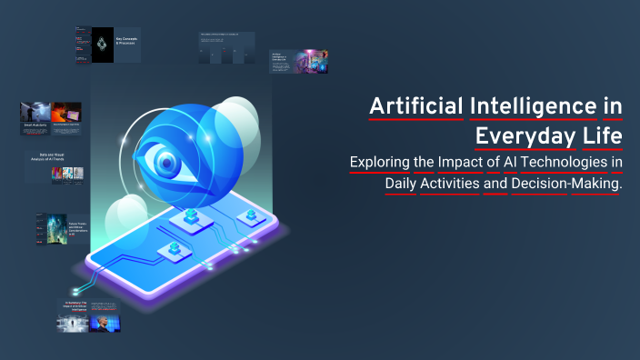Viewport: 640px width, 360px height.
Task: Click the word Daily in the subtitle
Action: [x=403, y=184]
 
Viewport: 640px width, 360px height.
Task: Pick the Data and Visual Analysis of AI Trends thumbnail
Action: [x=54, y=168]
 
